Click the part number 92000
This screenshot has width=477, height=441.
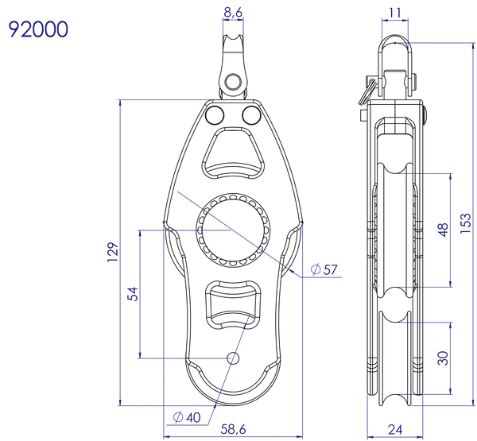(38, 29)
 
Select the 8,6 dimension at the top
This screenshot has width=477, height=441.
(233, 13)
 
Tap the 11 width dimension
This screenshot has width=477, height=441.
(395, 13)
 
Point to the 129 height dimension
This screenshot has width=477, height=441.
(113, 252)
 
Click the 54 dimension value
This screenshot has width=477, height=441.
(132, 294)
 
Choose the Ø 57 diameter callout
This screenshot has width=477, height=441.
(324, 269)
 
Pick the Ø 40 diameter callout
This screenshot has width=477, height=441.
(187, 417)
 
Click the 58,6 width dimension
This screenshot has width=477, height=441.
(233, 429)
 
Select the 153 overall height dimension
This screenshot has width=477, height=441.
(465, 223)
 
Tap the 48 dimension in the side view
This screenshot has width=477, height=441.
(444, 230)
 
